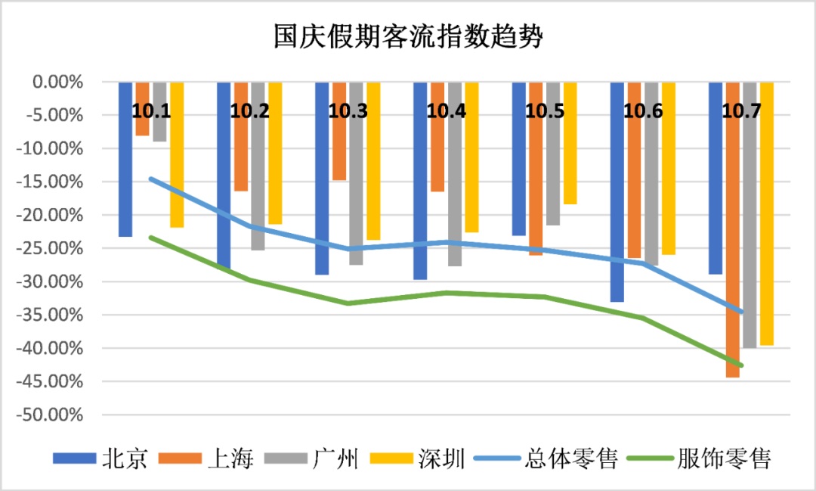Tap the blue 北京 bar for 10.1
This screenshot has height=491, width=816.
[125, 159]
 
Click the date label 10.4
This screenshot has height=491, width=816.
[447, 111]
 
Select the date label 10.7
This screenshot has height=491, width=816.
[741, 111]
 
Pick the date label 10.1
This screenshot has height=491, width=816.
[151, 111]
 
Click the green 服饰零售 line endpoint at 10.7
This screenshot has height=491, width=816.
[743, 365]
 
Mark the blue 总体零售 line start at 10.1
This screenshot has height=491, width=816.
[151, 179]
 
